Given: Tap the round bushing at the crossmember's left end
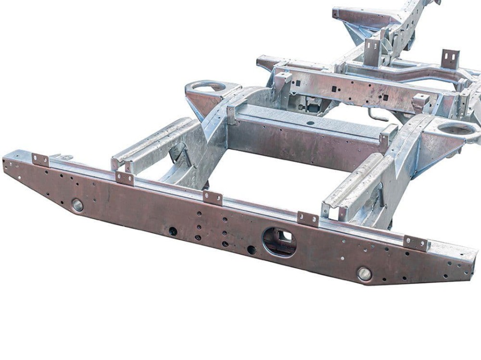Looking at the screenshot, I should (77, 205).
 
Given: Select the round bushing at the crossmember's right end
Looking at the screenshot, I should (364, 274).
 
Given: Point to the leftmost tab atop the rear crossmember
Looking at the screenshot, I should (40, 160).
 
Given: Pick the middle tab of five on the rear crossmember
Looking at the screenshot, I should (212, 198).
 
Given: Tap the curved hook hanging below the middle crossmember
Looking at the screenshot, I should (377, 115).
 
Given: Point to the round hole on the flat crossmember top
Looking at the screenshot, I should (310, 123).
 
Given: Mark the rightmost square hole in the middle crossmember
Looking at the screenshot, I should (385, 97).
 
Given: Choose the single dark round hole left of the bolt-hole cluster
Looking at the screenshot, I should (173, 231).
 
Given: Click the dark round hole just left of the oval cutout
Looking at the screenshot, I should (251, 249).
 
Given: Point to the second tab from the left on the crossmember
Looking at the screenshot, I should (125, 178).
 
